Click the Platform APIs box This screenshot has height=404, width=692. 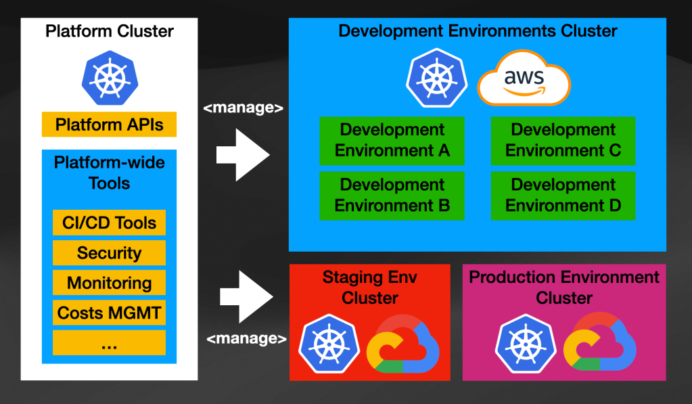(x=109, y=125)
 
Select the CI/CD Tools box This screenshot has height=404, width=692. (x=109, y=223)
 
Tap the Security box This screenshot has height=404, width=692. (x=109, y=253)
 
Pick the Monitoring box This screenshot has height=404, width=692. (x=109, y=283)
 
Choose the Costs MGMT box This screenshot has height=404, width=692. (x=109, y=313)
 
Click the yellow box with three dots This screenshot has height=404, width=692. (x=109, y=343)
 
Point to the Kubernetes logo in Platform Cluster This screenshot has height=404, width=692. (x=109, y=76)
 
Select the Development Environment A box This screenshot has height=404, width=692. (x=392, y=141)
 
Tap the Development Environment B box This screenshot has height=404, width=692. (x=392, y=196)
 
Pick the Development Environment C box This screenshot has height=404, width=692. (x=563, y=141)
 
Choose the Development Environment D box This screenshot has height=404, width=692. (x=563, y=196)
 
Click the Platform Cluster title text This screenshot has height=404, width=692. (x=110, y=32)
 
